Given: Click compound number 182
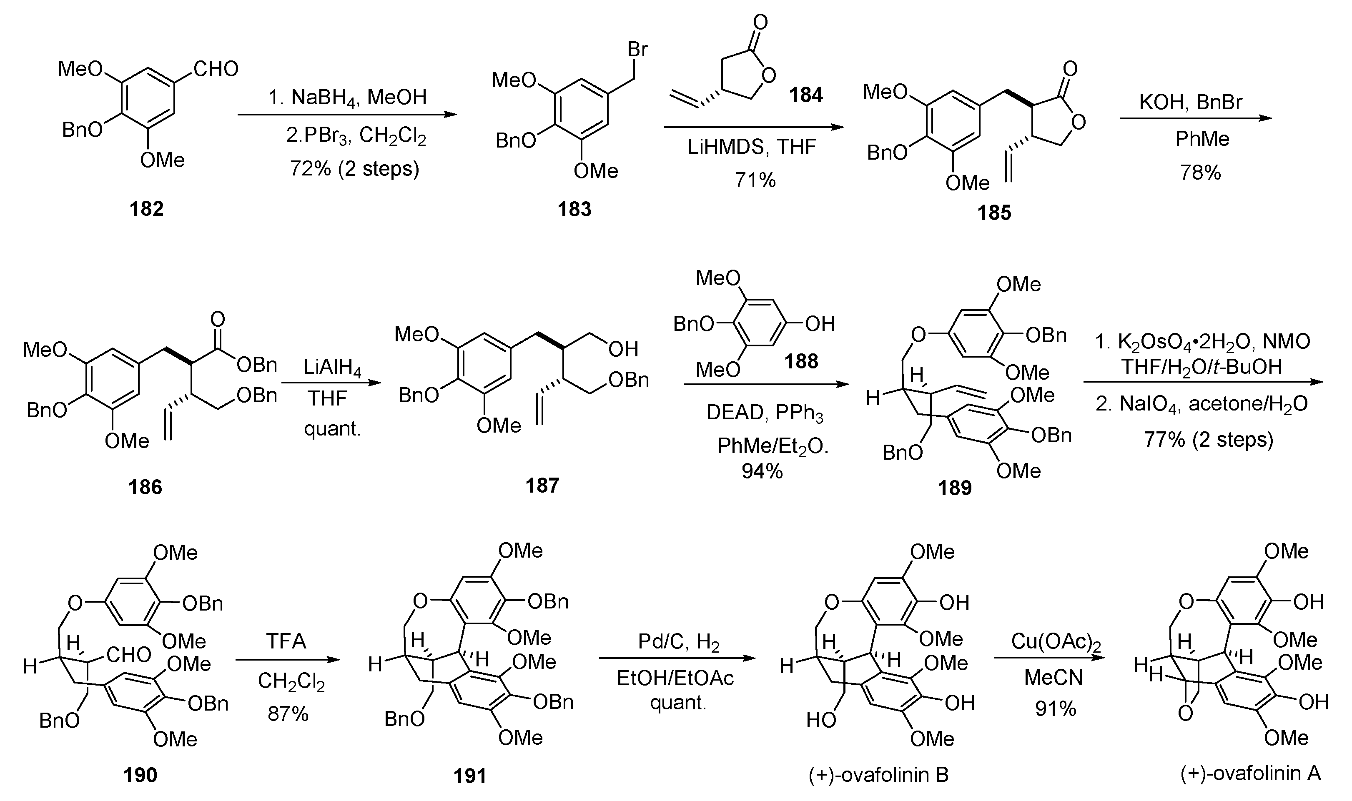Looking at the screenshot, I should [x=146, y=208].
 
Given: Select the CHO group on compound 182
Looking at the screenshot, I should [x=216, y=69].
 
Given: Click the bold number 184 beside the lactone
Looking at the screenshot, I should [x=805, y=95].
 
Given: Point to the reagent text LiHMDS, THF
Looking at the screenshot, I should [x=752, y=147].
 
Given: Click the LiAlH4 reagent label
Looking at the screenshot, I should [x=332, y=368].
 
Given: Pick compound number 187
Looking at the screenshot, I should [x=542, y=485].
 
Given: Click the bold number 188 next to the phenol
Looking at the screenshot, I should [x=801, y=361].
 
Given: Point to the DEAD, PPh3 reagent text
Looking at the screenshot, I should [x=765, y=413].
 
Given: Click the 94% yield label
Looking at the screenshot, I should [x=762, y=471].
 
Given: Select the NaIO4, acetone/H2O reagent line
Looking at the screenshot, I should [x=1202, y=404].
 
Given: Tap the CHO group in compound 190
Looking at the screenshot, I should [x=128, y=655].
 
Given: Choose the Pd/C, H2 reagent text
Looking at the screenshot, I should [x=679, y=641].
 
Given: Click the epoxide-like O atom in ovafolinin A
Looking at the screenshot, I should [x=1185, y=713].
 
